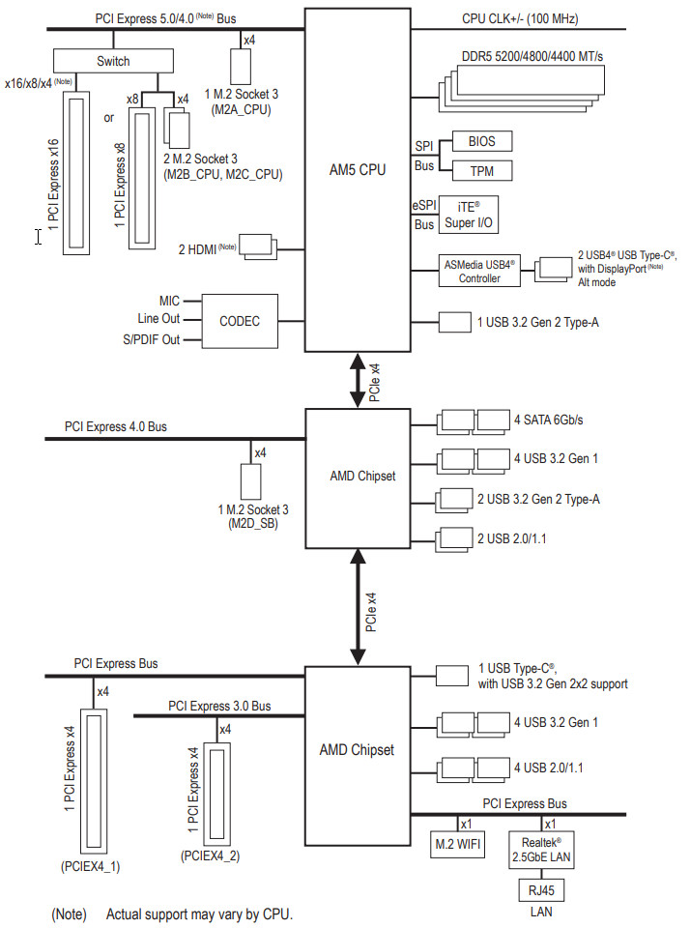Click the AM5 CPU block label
(x=358, y=170)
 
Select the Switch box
(x=113, y=61)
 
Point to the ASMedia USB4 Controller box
(x=479, y=272)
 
